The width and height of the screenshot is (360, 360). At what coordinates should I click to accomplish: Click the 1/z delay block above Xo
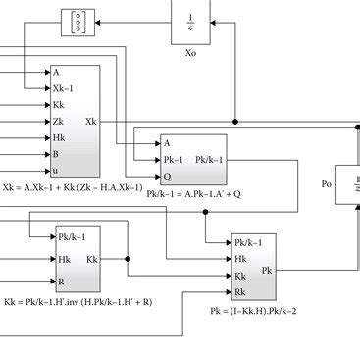tap(191, 20)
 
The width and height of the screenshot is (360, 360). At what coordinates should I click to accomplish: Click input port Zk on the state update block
tap(58, 121)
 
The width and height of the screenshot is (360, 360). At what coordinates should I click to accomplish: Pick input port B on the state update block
tap(57, 154)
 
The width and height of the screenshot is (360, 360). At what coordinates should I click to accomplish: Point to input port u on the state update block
tap(57, 171)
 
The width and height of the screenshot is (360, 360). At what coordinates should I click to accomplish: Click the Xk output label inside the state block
tap(91, 121)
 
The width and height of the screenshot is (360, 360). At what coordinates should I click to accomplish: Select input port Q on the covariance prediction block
tap(167, 177)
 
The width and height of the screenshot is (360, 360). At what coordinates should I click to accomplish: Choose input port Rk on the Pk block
tap(240, 291)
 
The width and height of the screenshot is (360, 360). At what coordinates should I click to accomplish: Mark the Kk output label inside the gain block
tap(92, 259)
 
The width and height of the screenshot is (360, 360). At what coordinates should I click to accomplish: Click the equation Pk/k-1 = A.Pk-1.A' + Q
tap(186, 194)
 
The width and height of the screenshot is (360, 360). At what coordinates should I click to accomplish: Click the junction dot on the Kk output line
tap(128, 259)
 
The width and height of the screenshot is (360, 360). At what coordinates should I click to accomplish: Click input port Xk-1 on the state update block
tap(62, 87)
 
